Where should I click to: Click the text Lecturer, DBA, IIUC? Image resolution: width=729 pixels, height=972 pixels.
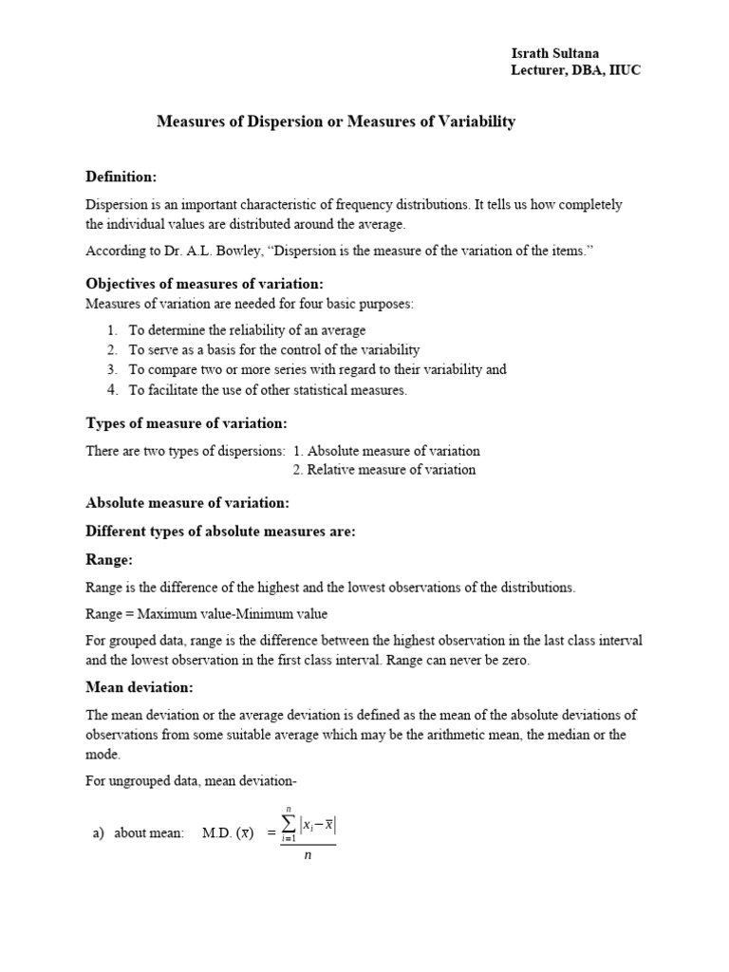(576, 71)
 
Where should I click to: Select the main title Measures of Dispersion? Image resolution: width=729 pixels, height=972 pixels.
(335, 121)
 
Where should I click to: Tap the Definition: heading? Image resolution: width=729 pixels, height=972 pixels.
(121, 177)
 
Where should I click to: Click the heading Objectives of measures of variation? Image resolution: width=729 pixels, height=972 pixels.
(204, 284)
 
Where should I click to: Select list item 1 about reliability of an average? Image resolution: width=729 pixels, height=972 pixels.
(247, 329)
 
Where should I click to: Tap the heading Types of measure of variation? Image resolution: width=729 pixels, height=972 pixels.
(186, 422)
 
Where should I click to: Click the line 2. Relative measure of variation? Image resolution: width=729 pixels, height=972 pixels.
(384, 470)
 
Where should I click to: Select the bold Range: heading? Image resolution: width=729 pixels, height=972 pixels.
(109, 560)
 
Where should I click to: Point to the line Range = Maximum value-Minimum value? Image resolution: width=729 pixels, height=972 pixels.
(206, 613)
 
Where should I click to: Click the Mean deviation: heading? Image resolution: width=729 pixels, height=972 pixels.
(140, 687)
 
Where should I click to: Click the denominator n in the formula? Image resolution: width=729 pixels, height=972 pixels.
(308, 854)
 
